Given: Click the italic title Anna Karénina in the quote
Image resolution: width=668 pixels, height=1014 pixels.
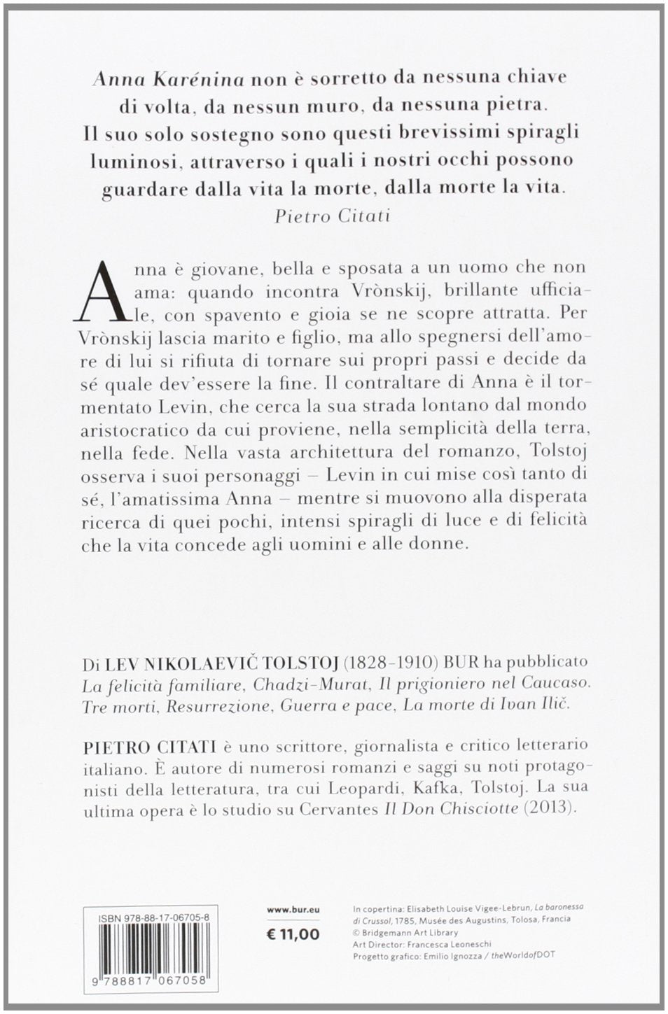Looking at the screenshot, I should tap(168, 80).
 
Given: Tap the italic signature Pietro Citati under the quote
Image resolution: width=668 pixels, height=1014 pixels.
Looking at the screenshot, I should tap(332, 216).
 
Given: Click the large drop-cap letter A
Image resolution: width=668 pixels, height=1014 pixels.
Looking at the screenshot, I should tap(105, 290).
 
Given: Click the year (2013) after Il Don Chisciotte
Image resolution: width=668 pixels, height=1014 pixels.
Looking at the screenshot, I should tap(553, 808).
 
